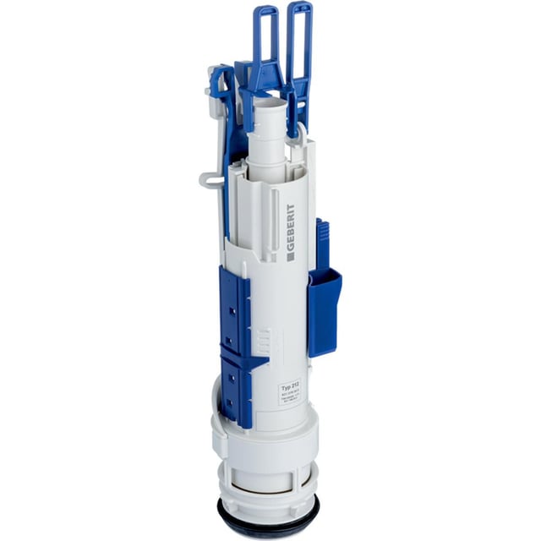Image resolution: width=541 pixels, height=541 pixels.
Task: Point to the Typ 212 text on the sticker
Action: tap(290, 385)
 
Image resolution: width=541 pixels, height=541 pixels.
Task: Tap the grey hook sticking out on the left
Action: tap(210, 178)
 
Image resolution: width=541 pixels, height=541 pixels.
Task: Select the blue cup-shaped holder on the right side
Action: tap(325, 309)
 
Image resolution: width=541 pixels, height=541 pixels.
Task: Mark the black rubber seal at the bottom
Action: tap(270, 526)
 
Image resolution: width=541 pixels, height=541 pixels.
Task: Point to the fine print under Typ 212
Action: tap(290, 396)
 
